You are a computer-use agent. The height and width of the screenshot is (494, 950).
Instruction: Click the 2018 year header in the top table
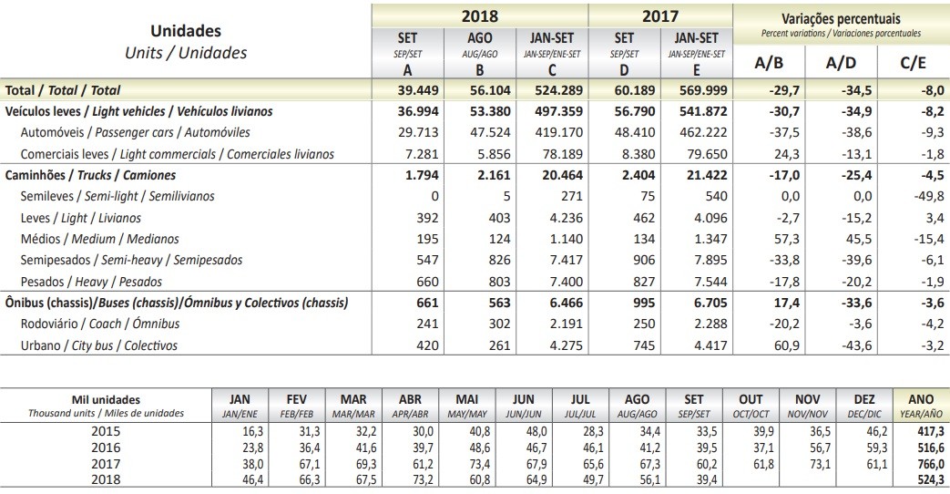479,16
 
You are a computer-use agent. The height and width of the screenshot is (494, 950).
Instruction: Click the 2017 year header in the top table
660,16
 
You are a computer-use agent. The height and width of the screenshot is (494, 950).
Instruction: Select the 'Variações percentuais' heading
840,18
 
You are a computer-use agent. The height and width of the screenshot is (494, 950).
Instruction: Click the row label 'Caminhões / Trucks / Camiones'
91,174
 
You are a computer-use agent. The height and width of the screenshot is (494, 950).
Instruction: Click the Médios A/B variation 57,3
784,239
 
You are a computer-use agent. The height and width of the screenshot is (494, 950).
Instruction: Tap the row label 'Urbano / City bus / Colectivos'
99,345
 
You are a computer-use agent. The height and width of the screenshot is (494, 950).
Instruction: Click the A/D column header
840,63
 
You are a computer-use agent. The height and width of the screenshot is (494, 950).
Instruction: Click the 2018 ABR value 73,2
412,479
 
